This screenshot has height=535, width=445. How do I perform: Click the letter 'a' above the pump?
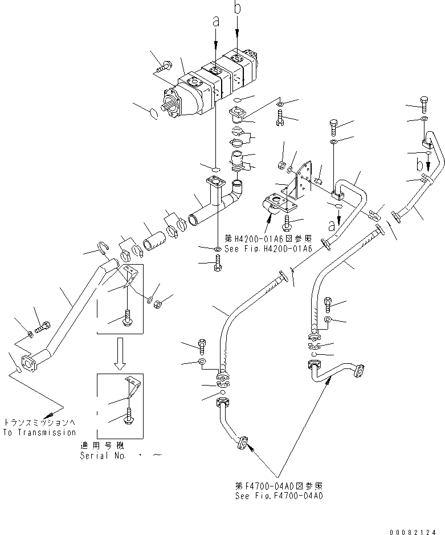point(215,21)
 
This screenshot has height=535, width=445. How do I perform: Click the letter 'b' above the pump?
point(237,8)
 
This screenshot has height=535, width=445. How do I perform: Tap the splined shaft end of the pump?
point(170,107)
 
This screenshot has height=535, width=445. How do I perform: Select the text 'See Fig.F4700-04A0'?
point(279,496)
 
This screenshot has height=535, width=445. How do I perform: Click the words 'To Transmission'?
point(39,432)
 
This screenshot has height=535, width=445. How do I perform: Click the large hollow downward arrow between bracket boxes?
point(120,353)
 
